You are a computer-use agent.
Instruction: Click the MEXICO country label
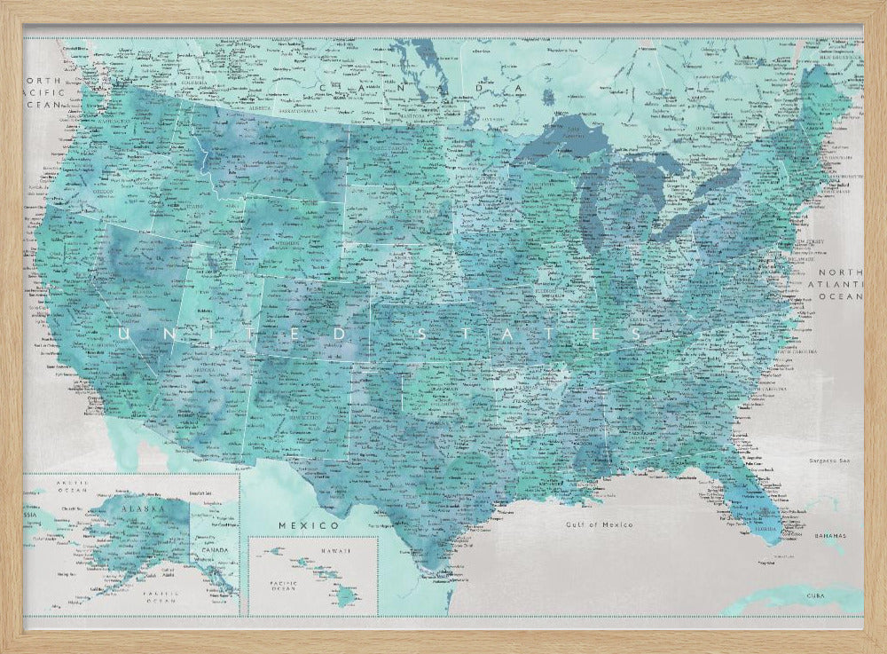(x=297, y=525)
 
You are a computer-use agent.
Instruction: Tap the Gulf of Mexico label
(x=600, y=524)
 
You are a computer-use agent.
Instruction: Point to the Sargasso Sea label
(x=829, y=461)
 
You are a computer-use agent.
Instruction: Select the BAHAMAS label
(x=831, y=537)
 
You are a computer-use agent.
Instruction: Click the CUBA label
(x=815, y=595)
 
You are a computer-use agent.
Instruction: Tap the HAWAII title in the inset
(x=335, y=551)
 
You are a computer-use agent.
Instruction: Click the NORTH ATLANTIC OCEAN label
(x=839, y=285)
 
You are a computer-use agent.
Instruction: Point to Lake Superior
(x=550, y=142)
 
